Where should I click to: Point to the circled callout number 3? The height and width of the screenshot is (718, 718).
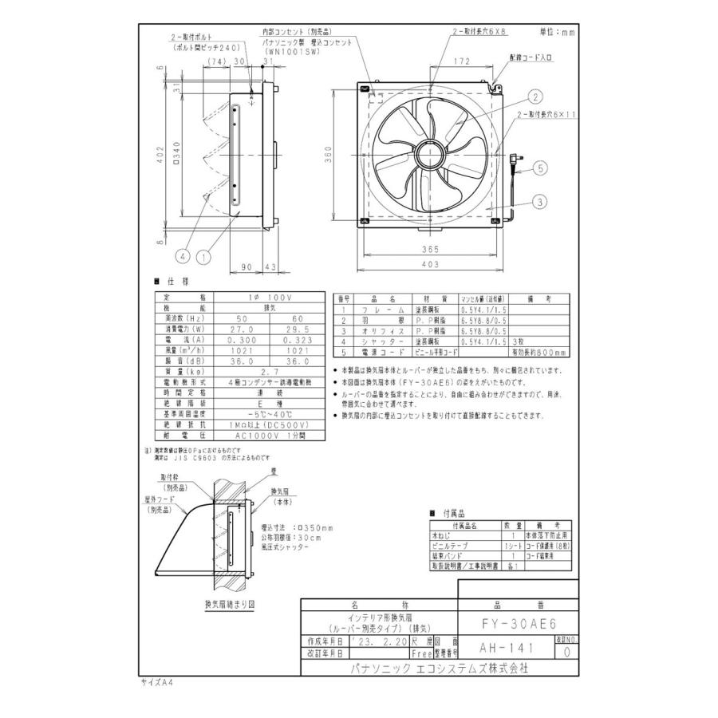coord(539,203)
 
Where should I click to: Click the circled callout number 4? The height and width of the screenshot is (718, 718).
coord(182,257)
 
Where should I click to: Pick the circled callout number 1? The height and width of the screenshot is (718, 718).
coord(203,257)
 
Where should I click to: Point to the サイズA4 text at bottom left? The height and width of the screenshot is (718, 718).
coord(157,683)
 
